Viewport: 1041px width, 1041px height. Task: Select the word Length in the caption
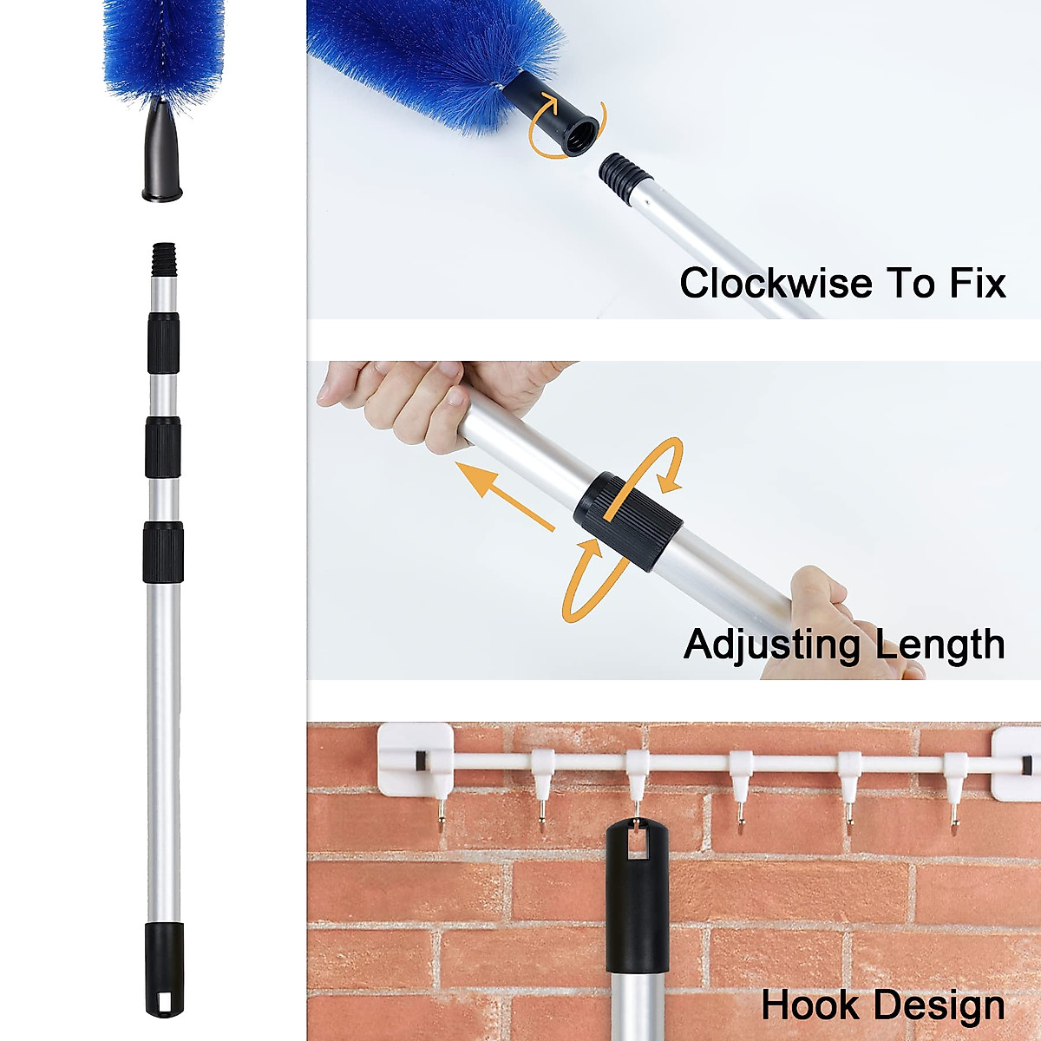coord(940,644)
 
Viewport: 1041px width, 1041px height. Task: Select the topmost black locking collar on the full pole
coord(163,344)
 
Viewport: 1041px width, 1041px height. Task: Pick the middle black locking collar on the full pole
coord(162,447)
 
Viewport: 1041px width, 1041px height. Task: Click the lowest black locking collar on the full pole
coord(163,552)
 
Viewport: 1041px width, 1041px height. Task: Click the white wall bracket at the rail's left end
coord(415,758)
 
